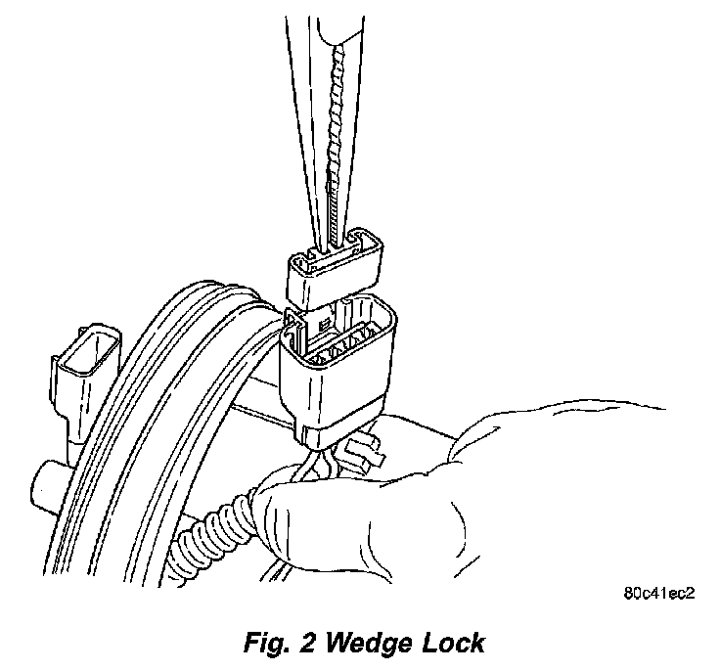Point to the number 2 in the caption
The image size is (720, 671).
point(308,643)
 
